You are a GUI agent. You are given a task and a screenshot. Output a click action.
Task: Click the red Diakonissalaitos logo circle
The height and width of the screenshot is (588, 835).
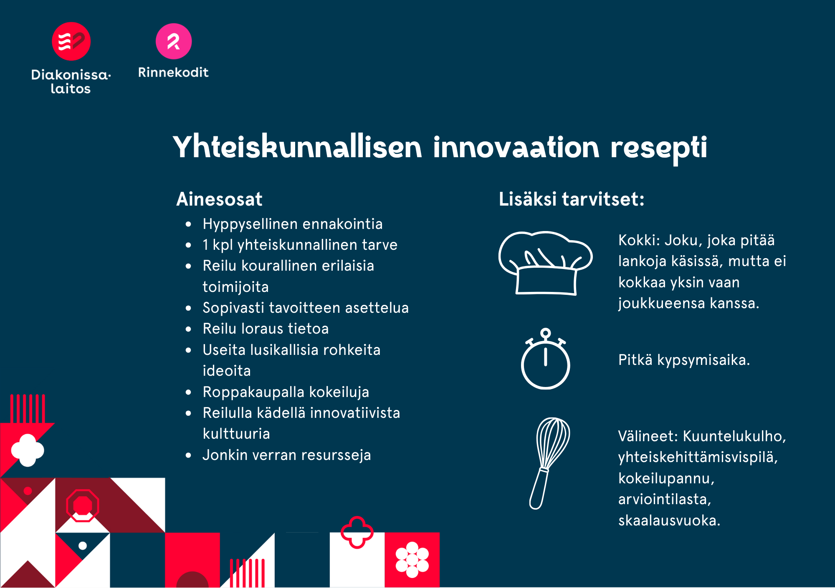click(71, 41)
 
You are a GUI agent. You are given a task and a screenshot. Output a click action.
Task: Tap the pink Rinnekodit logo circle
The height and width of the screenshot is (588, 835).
click(174, 41)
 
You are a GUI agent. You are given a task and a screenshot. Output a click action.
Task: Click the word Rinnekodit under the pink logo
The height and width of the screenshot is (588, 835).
click(173, 72)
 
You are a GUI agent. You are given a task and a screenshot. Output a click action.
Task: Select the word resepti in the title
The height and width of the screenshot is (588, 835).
click(659, 148)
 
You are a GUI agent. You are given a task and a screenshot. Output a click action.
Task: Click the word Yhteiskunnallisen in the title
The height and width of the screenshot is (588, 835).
click(298, 147)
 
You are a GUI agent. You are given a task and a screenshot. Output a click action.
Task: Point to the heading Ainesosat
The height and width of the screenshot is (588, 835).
click(219, 199)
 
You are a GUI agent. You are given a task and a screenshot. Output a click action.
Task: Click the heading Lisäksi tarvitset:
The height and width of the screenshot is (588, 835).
click(572, 199)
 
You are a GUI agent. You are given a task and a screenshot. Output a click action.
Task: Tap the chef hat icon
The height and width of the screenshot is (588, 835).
click(545, 263)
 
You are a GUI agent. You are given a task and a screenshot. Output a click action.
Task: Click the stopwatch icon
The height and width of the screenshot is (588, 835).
click(545, 359)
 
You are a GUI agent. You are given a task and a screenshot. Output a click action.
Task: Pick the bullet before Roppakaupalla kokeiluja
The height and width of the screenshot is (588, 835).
click(188, 392)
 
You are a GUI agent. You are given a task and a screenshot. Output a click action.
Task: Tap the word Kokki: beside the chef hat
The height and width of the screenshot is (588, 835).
click(639, 240)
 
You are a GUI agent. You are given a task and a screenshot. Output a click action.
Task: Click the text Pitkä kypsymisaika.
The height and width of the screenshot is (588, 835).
click(684, 360)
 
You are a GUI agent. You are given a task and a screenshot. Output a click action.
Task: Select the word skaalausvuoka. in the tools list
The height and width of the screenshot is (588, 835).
click(669, 520)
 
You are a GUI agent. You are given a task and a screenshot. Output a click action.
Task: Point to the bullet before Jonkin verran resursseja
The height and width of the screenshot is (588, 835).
click(188, 455)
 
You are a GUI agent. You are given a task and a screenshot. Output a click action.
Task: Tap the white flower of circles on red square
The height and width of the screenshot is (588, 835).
click(412, 560)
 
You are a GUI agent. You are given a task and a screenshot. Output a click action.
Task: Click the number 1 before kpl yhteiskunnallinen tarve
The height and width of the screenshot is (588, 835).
click(205, 245)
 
